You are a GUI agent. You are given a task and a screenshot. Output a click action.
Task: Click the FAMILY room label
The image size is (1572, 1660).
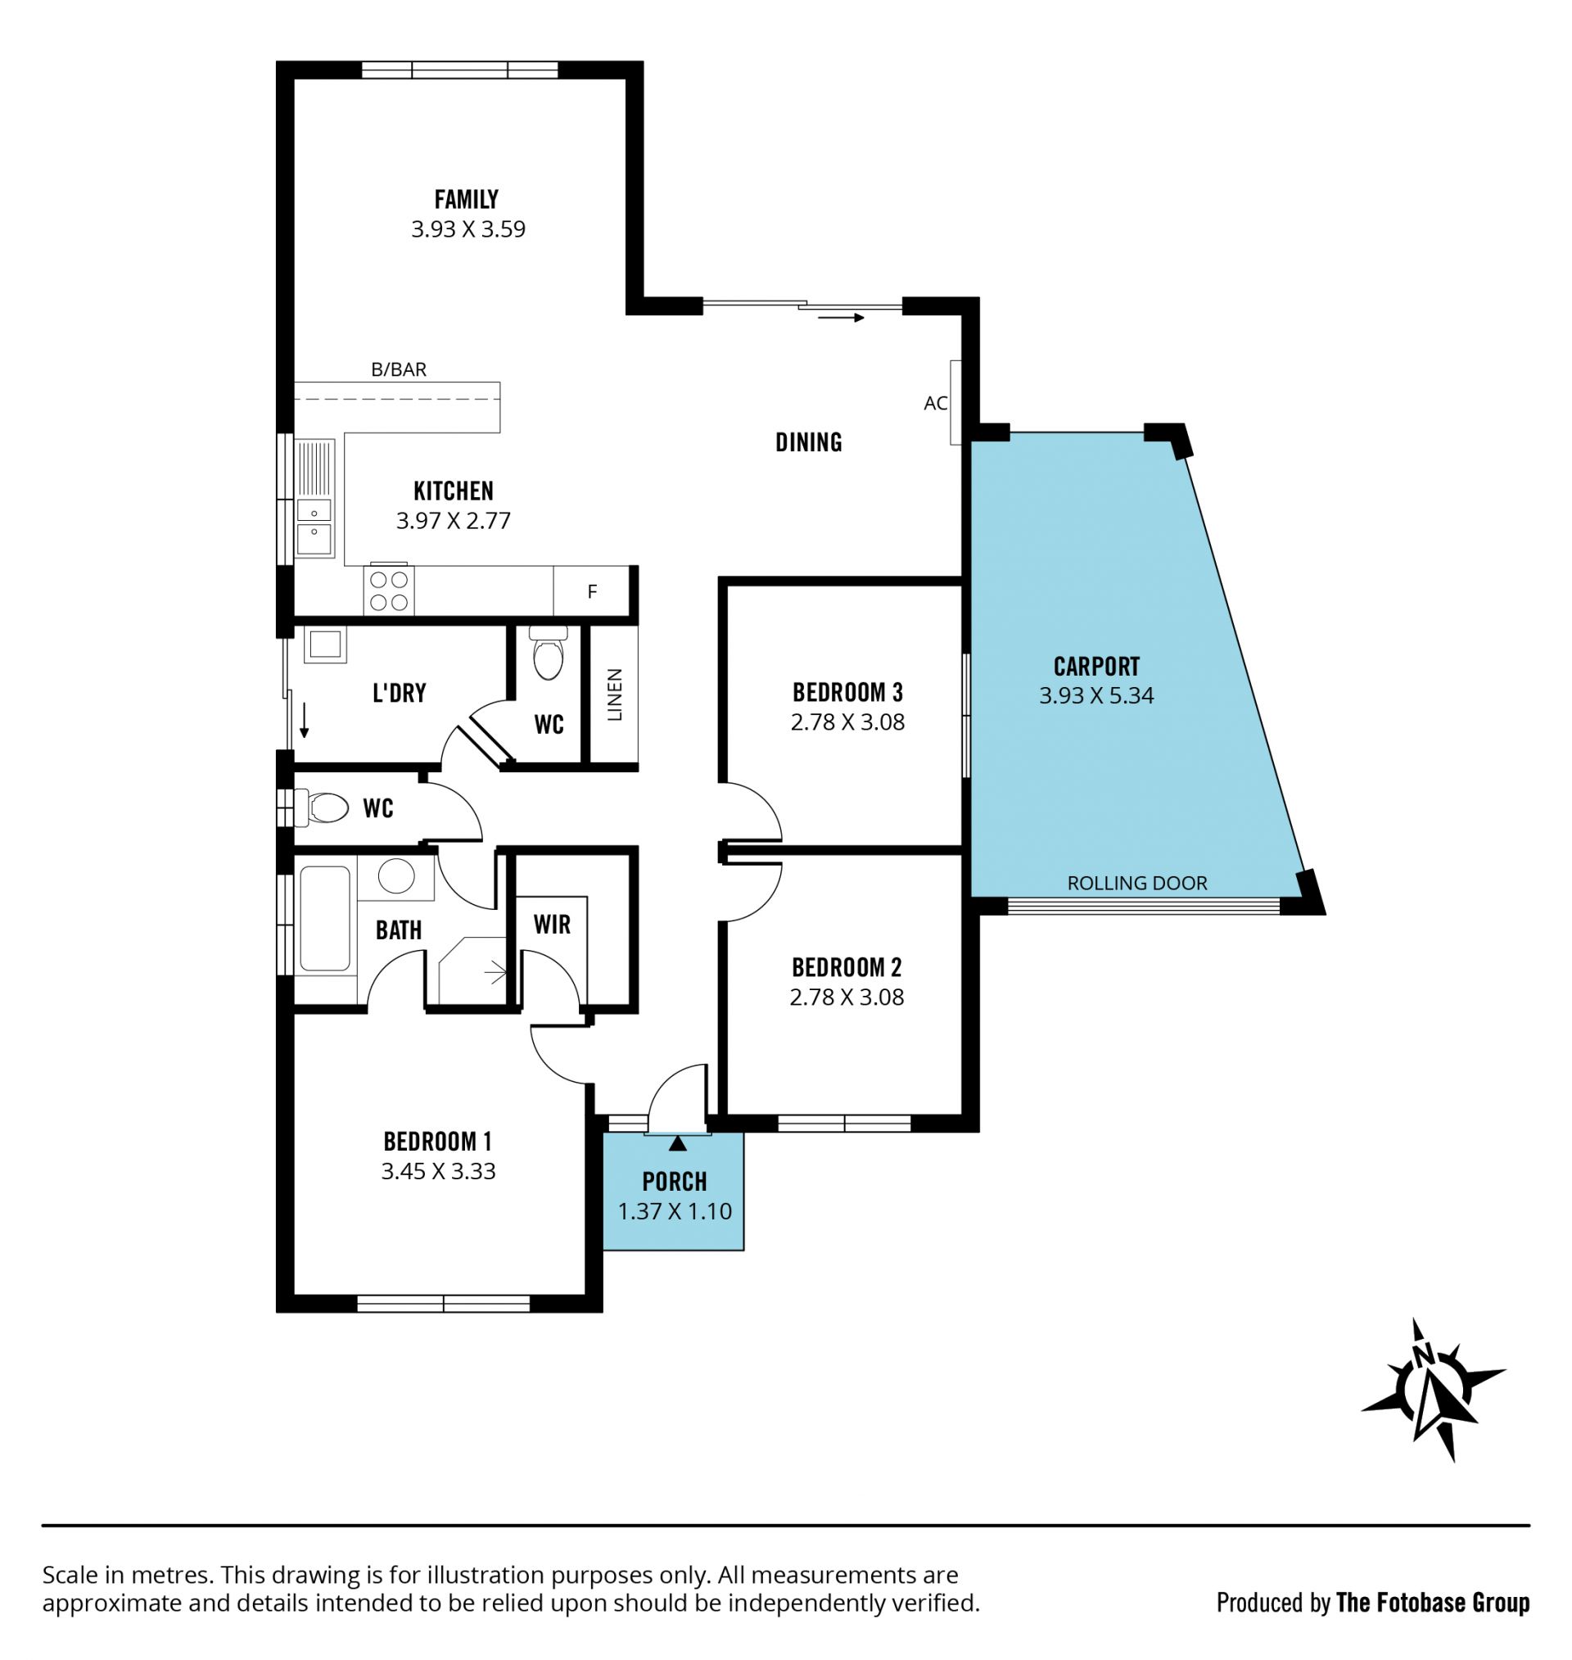click(466, 200)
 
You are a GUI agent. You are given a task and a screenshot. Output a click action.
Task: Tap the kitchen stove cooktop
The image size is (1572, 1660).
click(389, 590)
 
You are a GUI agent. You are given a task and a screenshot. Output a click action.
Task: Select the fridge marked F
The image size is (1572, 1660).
click(592, 590)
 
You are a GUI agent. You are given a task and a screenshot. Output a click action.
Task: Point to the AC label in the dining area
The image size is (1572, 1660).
click(935, 403)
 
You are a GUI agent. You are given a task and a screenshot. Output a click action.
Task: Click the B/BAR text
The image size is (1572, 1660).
click(399, 369)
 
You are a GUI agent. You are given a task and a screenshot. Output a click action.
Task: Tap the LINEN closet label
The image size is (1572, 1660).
click(614, 694)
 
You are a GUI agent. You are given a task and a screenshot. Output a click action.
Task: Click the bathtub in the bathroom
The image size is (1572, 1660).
click(324, 918)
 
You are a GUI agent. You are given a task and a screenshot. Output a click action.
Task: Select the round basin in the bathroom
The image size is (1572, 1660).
click(395, 876)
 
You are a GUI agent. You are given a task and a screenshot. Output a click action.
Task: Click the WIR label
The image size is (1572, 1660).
click(551, 925)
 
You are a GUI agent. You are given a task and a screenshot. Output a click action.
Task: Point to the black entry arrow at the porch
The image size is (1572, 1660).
click(678, 1143)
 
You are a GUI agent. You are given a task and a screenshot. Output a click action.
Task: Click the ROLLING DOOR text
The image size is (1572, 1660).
click(1137, 883)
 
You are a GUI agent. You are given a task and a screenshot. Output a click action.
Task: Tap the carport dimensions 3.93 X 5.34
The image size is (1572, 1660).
click(1096, 695)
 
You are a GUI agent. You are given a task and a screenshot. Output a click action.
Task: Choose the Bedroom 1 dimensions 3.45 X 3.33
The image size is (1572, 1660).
click(438, 1171)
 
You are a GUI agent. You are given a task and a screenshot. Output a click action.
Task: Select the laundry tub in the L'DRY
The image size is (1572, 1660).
click(325, 645)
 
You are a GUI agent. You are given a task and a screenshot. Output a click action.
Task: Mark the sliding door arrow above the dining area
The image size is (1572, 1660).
click(842, 318)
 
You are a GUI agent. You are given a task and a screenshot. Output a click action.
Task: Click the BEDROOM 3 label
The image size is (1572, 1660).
click(847, 693)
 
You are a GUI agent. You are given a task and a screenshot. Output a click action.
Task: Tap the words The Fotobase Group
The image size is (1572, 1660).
click(1433, 1603)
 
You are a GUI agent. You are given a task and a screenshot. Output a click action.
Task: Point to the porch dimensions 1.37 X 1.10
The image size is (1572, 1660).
click(675, 1212)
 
